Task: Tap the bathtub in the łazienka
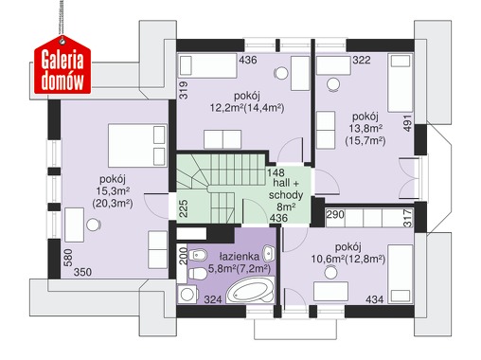coord(250,291)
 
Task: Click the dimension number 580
coord(68,258)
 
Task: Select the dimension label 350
coord(82,272)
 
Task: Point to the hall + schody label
coord(286,189)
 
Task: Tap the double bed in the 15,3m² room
coord(137,145)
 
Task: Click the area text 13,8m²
coord(365,129)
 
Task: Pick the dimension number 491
coord(407,123)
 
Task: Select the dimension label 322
coord(362,60)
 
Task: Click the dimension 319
coord(184,91)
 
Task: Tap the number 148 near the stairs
coord(276,172)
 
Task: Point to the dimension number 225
coord(184,208)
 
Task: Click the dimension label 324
coord(213,299)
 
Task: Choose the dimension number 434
coord(375,299)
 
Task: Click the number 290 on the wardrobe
coord(335,215)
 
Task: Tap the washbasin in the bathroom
coord(269,253)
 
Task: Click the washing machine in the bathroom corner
coord(187,295)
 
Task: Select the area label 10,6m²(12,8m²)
coord(348,260)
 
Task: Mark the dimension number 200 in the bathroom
coord(184,256)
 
